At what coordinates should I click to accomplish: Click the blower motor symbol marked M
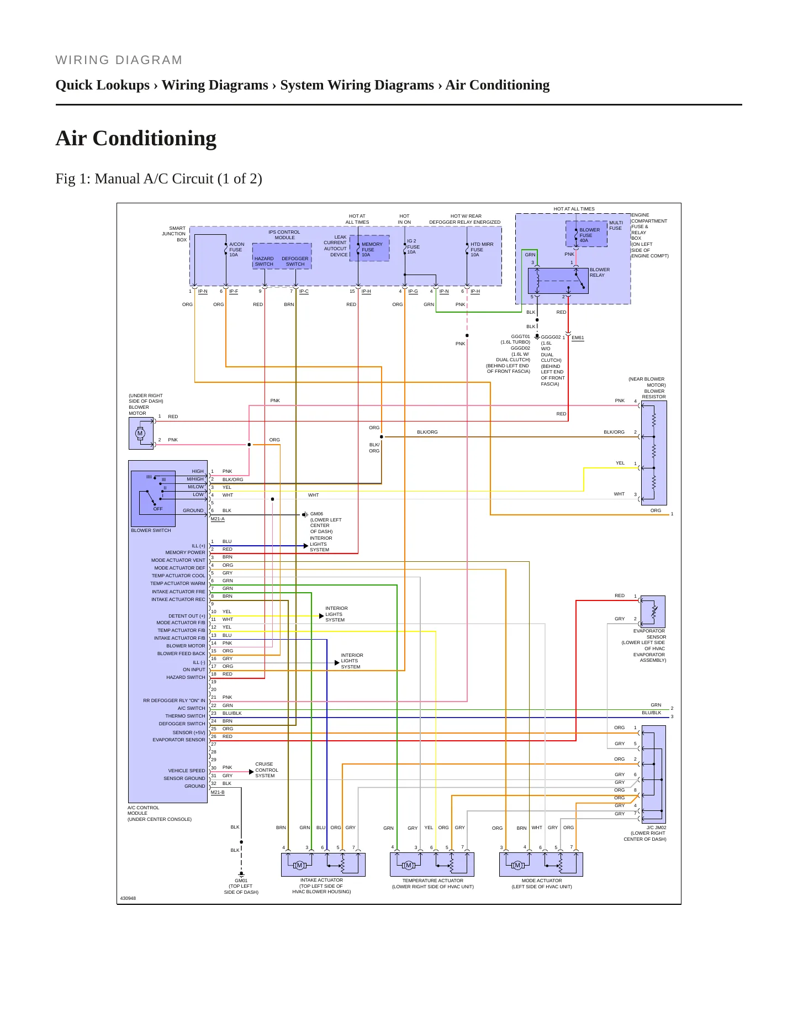coord(140,433)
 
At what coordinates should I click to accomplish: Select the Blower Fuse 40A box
coord(586,234)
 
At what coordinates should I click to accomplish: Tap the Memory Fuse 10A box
coord(369,248)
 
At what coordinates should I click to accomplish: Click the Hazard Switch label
coord(264,261)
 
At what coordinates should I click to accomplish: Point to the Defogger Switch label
coord(295,261)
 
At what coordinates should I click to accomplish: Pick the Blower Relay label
coord(600,272)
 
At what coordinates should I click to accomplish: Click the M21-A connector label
coord(218,519)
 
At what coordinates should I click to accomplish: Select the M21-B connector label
coord(218,792)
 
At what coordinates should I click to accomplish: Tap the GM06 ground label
coord(316,514)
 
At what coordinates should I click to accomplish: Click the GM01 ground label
coord(241,881)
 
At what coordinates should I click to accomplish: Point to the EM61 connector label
coord(578,338)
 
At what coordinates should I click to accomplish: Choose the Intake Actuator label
coord(321,880)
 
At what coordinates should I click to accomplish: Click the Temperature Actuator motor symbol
coord(409,865)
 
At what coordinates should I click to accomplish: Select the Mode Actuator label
coord(542,881)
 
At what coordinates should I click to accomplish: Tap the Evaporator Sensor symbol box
coord(653,612)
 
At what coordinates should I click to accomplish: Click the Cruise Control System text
coord(267,770)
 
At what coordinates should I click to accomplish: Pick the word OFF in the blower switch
coord(158,509)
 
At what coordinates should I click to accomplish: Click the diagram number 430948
coord(128,898)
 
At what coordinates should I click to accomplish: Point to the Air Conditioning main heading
coord(136,138)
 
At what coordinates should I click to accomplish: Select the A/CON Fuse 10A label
coord(236,249)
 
